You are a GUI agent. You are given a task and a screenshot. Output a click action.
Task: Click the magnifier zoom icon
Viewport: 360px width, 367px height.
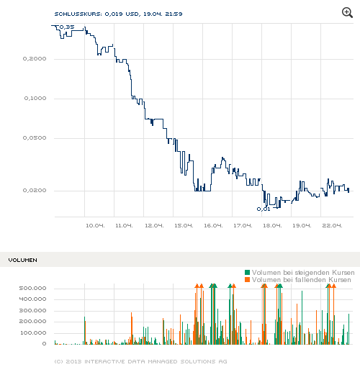click(x=348, y=13)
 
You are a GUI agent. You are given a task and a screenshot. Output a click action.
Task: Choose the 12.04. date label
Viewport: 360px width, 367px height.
click(x=154, y=225)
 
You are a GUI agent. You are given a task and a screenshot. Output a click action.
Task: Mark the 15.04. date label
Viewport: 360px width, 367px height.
click(x=184, y=225)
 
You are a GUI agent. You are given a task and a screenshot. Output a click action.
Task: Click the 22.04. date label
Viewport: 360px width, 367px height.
click(x=332, y=225)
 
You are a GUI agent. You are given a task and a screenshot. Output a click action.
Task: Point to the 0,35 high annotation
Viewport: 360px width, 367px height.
click(x=66, y=27)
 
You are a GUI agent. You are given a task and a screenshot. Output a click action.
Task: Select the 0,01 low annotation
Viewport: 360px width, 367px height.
click(x=264, y=209)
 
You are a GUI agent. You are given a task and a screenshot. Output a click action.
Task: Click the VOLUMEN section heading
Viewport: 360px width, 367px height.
click(x=22, y=259)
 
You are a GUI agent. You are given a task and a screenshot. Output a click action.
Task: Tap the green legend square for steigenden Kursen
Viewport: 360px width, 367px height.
click(x=248, y=272)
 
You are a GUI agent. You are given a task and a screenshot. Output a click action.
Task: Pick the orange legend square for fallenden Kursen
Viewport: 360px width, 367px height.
click(x=248, y=279)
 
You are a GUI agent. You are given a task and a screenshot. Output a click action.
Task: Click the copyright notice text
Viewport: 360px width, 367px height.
click(x=140, y=360)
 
